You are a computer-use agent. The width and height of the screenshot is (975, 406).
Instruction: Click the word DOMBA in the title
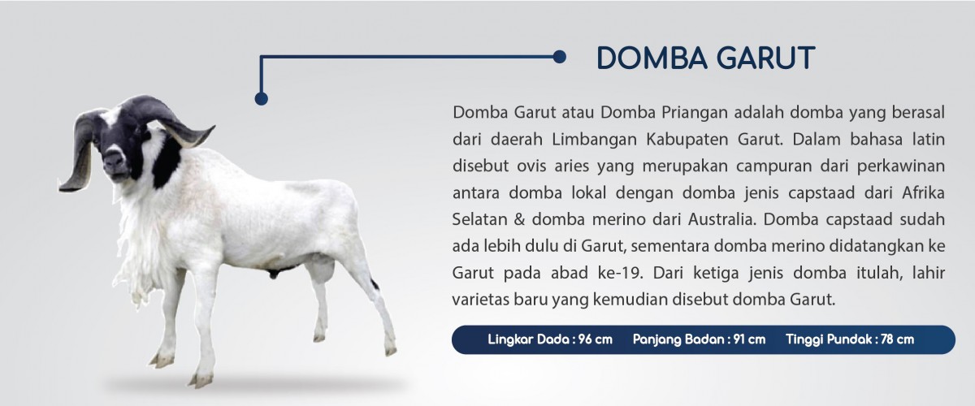click(652, 58)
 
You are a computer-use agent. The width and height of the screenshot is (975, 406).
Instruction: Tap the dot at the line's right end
click(559, 57)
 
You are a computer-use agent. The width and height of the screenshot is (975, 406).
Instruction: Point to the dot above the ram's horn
click(261, 99)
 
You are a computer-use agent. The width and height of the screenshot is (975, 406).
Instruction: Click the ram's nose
click(114, 159)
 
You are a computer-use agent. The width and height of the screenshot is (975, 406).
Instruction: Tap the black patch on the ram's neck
click(167, 161)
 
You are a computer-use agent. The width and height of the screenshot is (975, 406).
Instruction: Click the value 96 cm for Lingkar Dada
click(595, 339)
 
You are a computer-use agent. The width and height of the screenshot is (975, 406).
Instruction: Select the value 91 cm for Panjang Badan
click(749, 339)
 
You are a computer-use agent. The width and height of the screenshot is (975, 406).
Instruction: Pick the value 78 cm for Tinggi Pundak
click(898, 339)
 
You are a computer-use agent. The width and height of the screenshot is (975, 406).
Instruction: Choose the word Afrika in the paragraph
click(923, 192)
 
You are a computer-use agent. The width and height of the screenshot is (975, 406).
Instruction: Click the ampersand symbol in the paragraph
click(519, 219)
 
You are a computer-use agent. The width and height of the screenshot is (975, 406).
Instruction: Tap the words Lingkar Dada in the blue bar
click(528, 339)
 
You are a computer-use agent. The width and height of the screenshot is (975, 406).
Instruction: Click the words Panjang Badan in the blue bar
click(678, 339)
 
